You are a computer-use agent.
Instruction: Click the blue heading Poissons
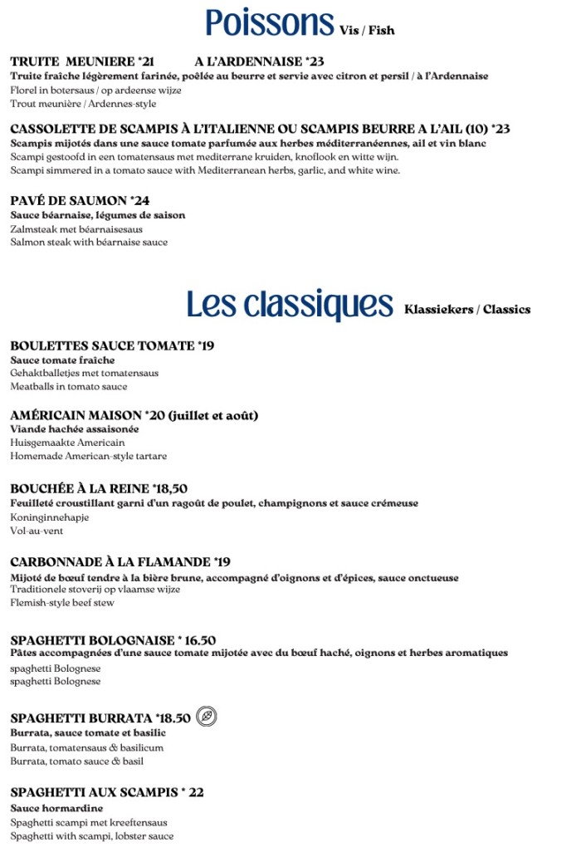pos(270,23)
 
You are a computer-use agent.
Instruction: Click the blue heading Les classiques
pos(289,305)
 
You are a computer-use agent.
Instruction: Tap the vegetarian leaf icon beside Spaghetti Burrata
pos(207,717)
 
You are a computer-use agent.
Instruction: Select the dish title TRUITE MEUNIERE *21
pos(82,61)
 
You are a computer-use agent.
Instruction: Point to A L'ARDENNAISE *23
pos(259,61)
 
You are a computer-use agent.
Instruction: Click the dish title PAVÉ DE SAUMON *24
pos(80,201)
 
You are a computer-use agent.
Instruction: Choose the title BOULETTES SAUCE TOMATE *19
pos(112,345)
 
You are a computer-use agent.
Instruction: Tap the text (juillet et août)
pos(214,415)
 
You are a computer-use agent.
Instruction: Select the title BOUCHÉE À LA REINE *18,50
pos(99,488)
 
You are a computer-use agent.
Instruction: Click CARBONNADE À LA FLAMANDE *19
pos(120,562)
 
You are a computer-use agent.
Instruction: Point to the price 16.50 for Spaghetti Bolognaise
pos(200,640)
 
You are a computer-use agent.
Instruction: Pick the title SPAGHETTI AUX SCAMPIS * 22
pos(107,792)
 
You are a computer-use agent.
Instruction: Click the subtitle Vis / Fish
pos(367,31)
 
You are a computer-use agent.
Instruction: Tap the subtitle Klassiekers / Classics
pos(467,310)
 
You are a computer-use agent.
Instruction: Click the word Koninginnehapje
pos(49,517)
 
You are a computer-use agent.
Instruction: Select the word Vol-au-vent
pos(37,531)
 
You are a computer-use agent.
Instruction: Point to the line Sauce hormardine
pos(56,808)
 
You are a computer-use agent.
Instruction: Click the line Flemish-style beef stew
pos(62,604)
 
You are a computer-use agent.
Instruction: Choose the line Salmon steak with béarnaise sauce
pos(89,242)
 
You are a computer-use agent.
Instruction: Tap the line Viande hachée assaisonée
pos(75,429)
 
